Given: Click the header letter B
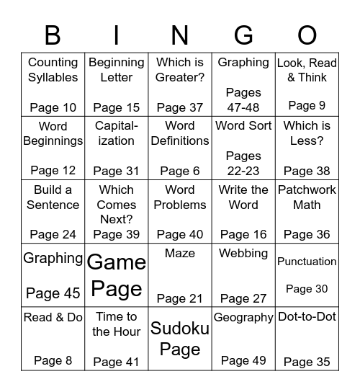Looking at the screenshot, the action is click(x=53, y=35).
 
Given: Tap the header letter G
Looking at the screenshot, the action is click(x=243, y=35).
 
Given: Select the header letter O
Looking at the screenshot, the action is click(x=307, y=35).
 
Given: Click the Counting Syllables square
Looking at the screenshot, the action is click(x=53, y=84).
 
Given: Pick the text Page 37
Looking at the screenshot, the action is click(x=180, y=108).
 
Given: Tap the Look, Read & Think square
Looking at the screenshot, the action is click(x=307, y=84).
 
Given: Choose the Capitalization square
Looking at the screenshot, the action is click(x=117, y=147).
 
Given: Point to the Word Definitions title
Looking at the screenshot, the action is click(x=180, y=133).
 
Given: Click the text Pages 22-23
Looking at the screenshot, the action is click(x=243, y=164).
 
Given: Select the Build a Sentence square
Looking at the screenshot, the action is click(x=53, y=211).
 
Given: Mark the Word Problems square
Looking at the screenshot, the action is click(x=180, y=211).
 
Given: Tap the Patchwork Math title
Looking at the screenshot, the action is click(x=307, y=197).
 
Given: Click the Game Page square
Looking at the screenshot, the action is click(x=117, y=275).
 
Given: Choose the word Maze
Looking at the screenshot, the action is click(x=180, y=254).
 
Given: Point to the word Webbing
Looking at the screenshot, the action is click(x=243, y=254).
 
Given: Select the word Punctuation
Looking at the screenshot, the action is click(x=307, y=262).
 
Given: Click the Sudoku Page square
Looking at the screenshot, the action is click(x=180, y=339).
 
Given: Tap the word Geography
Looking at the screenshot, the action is click(x=243, y=318).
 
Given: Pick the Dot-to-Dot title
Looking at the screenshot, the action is click(x=307, y=317).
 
